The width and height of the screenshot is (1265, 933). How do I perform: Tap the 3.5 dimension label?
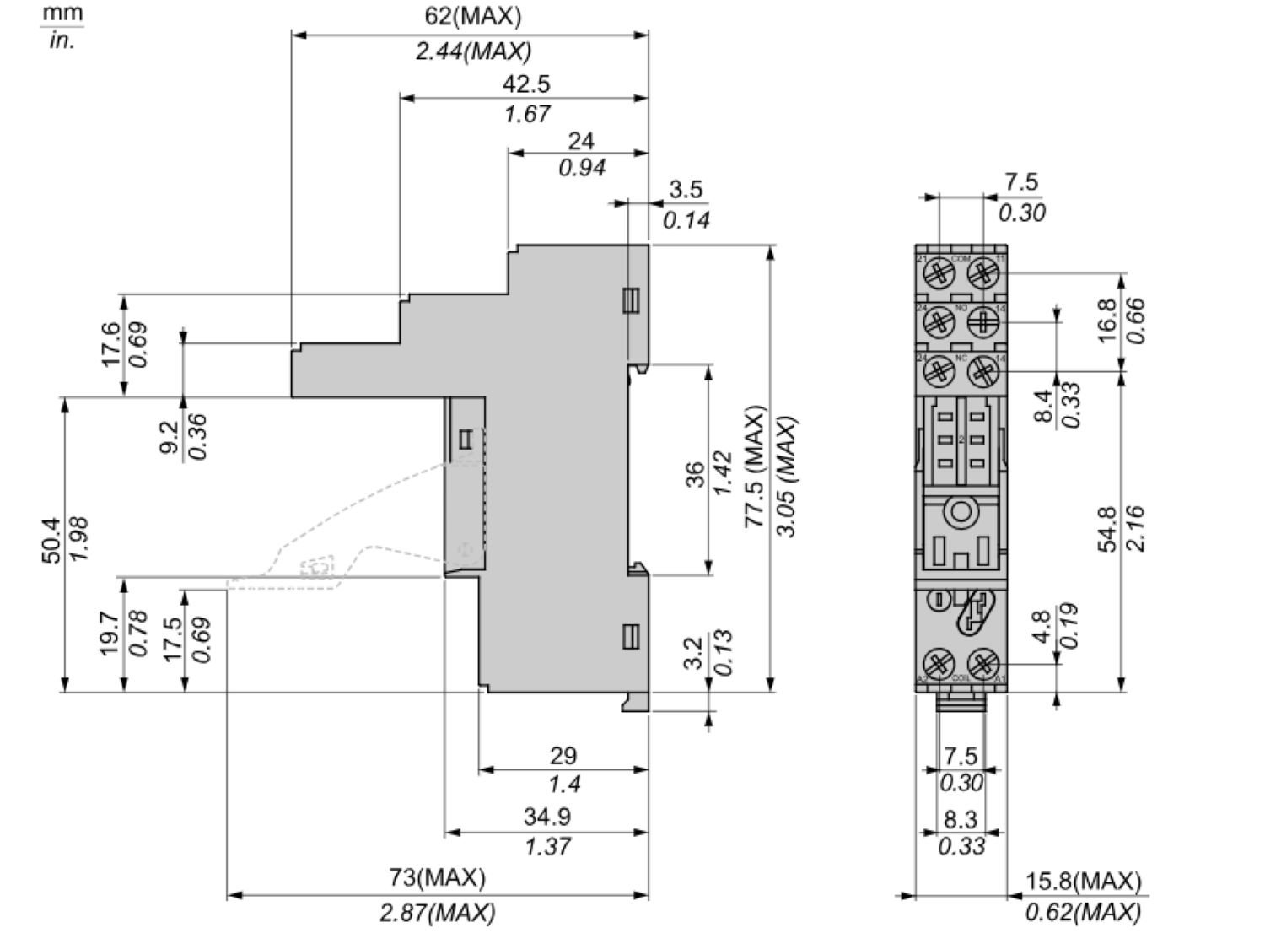pyautogui.click(x=685, y=189)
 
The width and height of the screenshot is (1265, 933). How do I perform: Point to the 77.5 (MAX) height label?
pyautogui.click(x=755, y=468)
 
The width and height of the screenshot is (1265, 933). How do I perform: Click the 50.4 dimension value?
pyautogui.click(x=51, y=541)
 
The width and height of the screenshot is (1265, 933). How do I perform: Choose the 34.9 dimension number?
pyautogui.click(x=546, y=817)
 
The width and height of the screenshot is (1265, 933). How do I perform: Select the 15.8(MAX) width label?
pyautogui.click(x=1083, y=882)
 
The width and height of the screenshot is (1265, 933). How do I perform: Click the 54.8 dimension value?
pyautogui.click(x=1108, y=529)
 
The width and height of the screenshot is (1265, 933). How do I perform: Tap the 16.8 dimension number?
pyautogui.click(x=1108, y=320)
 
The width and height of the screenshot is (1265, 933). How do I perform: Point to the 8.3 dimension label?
pyautogui.click(x=961, y=818)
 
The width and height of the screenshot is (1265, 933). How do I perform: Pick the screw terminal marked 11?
pyautogui.click(x=982, y=272)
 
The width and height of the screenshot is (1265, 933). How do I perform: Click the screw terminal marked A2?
pyautogui.click(x=939, y=661)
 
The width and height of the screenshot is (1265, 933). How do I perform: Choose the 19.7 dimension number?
pyautogui.click(x=111, y=634)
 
